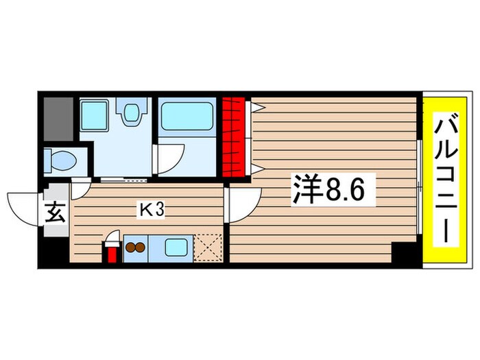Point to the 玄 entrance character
coord(56,213)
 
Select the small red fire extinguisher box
coord(110,251)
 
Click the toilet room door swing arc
coord(81,184)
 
